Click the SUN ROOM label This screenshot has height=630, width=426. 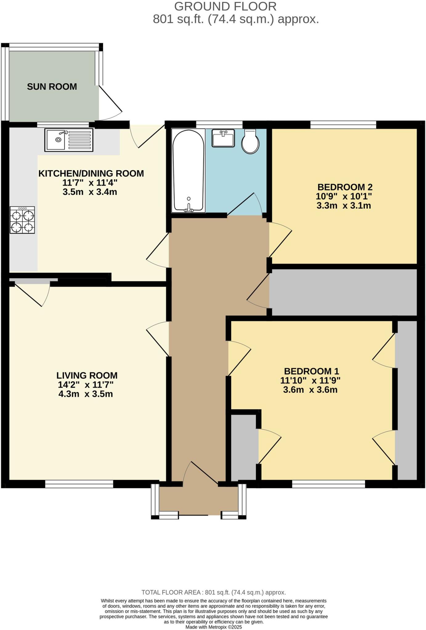pyautogui.click(x=52, y=87)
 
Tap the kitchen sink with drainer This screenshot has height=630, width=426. pyautogui.click(x=69, y=140)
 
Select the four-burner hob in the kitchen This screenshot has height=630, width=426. pyautogui.click(x=22, y=220)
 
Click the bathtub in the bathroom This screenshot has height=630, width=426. pyautogui.click(x=189, y=171)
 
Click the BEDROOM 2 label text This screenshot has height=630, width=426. pyautogui.click(x=345, y=187)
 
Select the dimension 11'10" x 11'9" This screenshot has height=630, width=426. pyautogui.click(x=310, y=381)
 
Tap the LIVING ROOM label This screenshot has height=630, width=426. pyautogui.click(x=87, y=375)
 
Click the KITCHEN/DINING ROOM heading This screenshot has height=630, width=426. pyautogui.click(x=91, y=173)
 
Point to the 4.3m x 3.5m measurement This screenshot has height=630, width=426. pyautogui.click(x=86, y=394)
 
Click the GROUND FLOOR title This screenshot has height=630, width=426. pyautogui.click(x=225, y=6)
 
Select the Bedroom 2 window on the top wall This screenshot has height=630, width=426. pyautogui.click(x=343, y=125)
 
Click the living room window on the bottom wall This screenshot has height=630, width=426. pyautogui.click(x=79, y=484)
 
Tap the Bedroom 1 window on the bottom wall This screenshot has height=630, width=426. pyautogui.click(x=328, y=484)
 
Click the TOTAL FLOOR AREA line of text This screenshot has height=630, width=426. pyautogui.click(x=213, y=592)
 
